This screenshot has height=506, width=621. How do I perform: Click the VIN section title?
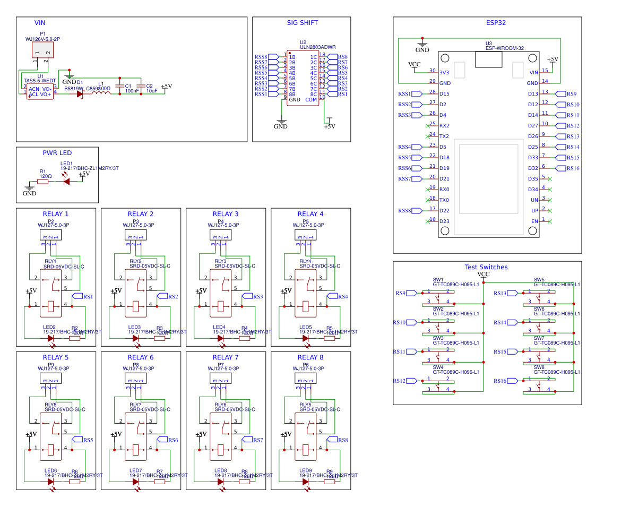click(40, 23)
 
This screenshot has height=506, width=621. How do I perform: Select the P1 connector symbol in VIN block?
click(42, 51)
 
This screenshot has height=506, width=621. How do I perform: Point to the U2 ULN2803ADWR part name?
click(317, 47)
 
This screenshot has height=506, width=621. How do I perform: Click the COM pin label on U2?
click(311, 99)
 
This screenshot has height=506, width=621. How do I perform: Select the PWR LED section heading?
click(57, 153)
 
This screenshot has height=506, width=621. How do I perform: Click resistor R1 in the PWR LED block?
click(42, 182)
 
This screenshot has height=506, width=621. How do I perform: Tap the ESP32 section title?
click(496, 23)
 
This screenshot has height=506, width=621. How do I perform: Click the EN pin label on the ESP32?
click(534, 221)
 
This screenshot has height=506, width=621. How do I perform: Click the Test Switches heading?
click(486, 267)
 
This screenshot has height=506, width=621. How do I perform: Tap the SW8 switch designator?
click(539, 367)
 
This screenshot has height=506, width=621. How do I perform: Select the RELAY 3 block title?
click(225, 214)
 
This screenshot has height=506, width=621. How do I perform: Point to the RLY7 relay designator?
click(135, 405)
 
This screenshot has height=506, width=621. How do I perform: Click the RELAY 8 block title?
click(310, 357)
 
